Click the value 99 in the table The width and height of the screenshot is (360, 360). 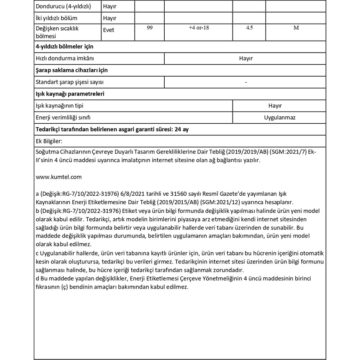point(150,28)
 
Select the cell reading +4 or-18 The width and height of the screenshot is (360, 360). point(199,28)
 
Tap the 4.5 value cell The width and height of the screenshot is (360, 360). point(249,28)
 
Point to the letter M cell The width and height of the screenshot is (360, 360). point(296,28)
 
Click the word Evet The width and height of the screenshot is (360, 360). point(108,30)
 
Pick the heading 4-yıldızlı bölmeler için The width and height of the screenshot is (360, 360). point(64,46)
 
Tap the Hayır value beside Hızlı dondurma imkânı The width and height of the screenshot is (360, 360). point(245,58)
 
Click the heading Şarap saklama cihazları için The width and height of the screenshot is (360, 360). point(71,70)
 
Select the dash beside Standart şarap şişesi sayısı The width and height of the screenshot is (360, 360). point(245,82)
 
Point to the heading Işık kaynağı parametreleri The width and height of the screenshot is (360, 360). point(70,94)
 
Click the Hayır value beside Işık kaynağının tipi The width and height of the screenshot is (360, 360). point(275,106)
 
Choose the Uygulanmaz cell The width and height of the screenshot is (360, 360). point(280,118)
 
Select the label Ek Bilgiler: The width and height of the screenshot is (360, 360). point(48,141)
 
